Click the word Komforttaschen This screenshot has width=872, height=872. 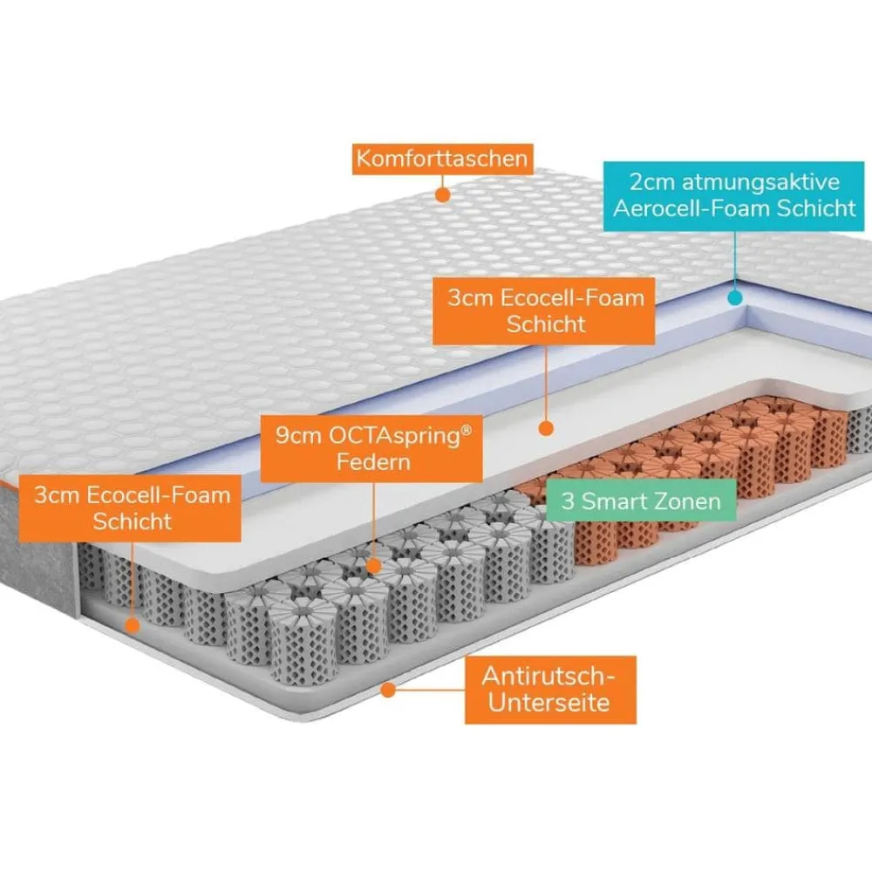tap(442, 159)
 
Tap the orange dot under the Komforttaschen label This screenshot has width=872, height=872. tap(443, 194)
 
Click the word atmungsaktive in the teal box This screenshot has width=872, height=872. tap(761, 182)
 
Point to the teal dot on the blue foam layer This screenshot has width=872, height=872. tap(735, 298)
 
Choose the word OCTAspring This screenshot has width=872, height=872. tap(394, 436)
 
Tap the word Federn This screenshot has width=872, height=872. tap(373, 462)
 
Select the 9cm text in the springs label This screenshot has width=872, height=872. tap(298, 436)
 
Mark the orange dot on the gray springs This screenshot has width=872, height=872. tap(374, 566)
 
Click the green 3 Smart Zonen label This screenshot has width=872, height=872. tap(641, 501)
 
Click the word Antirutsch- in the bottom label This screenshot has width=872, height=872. tap(548, 677)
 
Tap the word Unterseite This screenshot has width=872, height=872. tap(548, 702)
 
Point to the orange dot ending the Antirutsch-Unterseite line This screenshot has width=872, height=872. tap(388, 690)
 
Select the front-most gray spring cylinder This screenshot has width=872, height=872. tap(303, 642)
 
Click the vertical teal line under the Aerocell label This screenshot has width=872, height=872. tap(735, 261)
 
